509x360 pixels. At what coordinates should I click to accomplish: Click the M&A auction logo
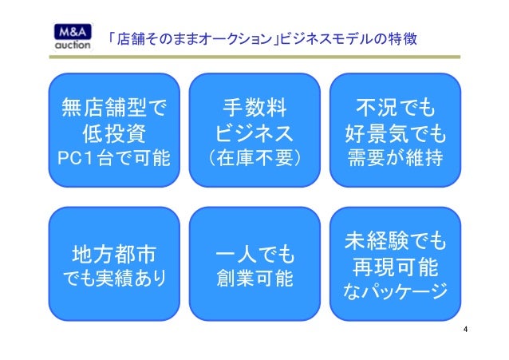[74, 38]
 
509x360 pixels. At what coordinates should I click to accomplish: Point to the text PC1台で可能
[113, 157]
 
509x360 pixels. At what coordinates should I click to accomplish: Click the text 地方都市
[113, 255]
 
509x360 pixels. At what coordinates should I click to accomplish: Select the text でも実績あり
[113, 280]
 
